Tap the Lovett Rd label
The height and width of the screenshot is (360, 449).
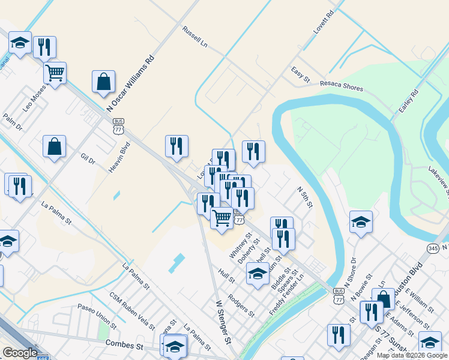323,22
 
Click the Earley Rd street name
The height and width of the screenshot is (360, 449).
408,103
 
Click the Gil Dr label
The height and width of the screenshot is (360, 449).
88,158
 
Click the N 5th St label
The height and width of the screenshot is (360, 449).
305,197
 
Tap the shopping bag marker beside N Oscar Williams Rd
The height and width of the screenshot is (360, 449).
103,82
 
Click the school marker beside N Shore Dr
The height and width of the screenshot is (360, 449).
361,223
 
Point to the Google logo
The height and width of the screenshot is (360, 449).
20,353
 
